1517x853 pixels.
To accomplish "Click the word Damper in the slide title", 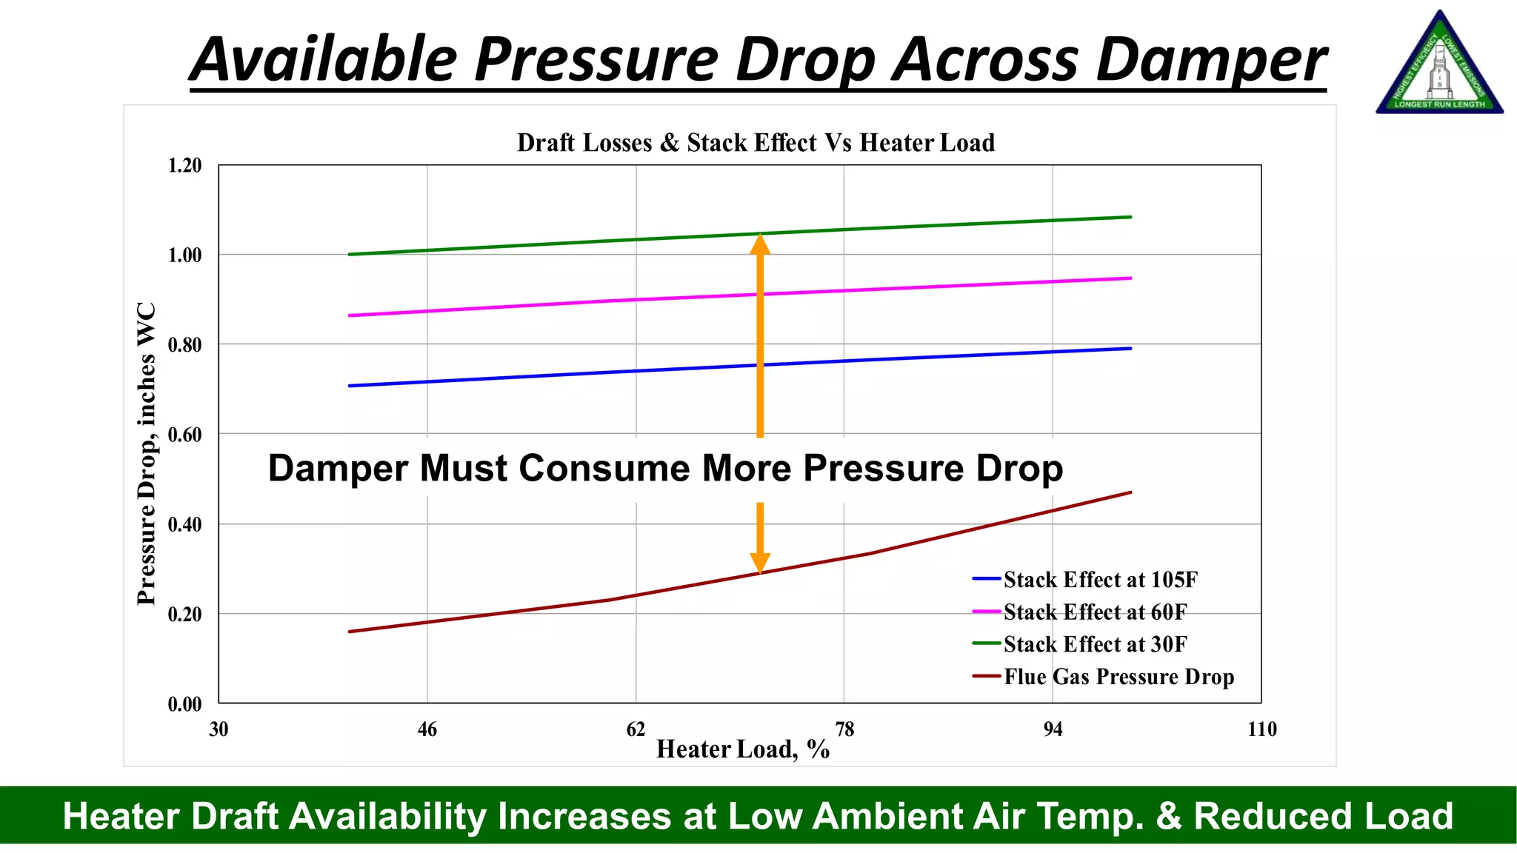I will coord(1211,59).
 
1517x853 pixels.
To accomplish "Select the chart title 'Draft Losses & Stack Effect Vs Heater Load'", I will coord(756,142).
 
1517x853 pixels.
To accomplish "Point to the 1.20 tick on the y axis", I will coord(184,165).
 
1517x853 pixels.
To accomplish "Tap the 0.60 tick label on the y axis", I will coord(184,435).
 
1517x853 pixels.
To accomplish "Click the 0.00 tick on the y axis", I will coord(184,704).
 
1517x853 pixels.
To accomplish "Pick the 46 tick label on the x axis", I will coord(427,729).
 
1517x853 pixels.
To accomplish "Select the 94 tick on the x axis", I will coord(1053,729).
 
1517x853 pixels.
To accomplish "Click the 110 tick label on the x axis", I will coord(1261,729).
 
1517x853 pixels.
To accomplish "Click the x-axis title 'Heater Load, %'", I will coord(743,749).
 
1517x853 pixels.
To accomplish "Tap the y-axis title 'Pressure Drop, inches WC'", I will coord(147,453).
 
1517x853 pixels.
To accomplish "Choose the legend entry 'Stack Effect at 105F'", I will coord(1100,580).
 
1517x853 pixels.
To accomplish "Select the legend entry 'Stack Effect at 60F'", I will coord(1095,612).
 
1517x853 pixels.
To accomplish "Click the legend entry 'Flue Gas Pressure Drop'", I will coord(1118,677).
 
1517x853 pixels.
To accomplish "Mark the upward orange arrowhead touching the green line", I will coord(760,244).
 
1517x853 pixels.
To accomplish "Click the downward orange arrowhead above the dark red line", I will coord(760,563).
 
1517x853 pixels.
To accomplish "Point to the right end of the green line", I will coord(1130,217).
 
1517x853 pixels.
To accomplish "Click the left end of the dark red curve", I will coord(350,632).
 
